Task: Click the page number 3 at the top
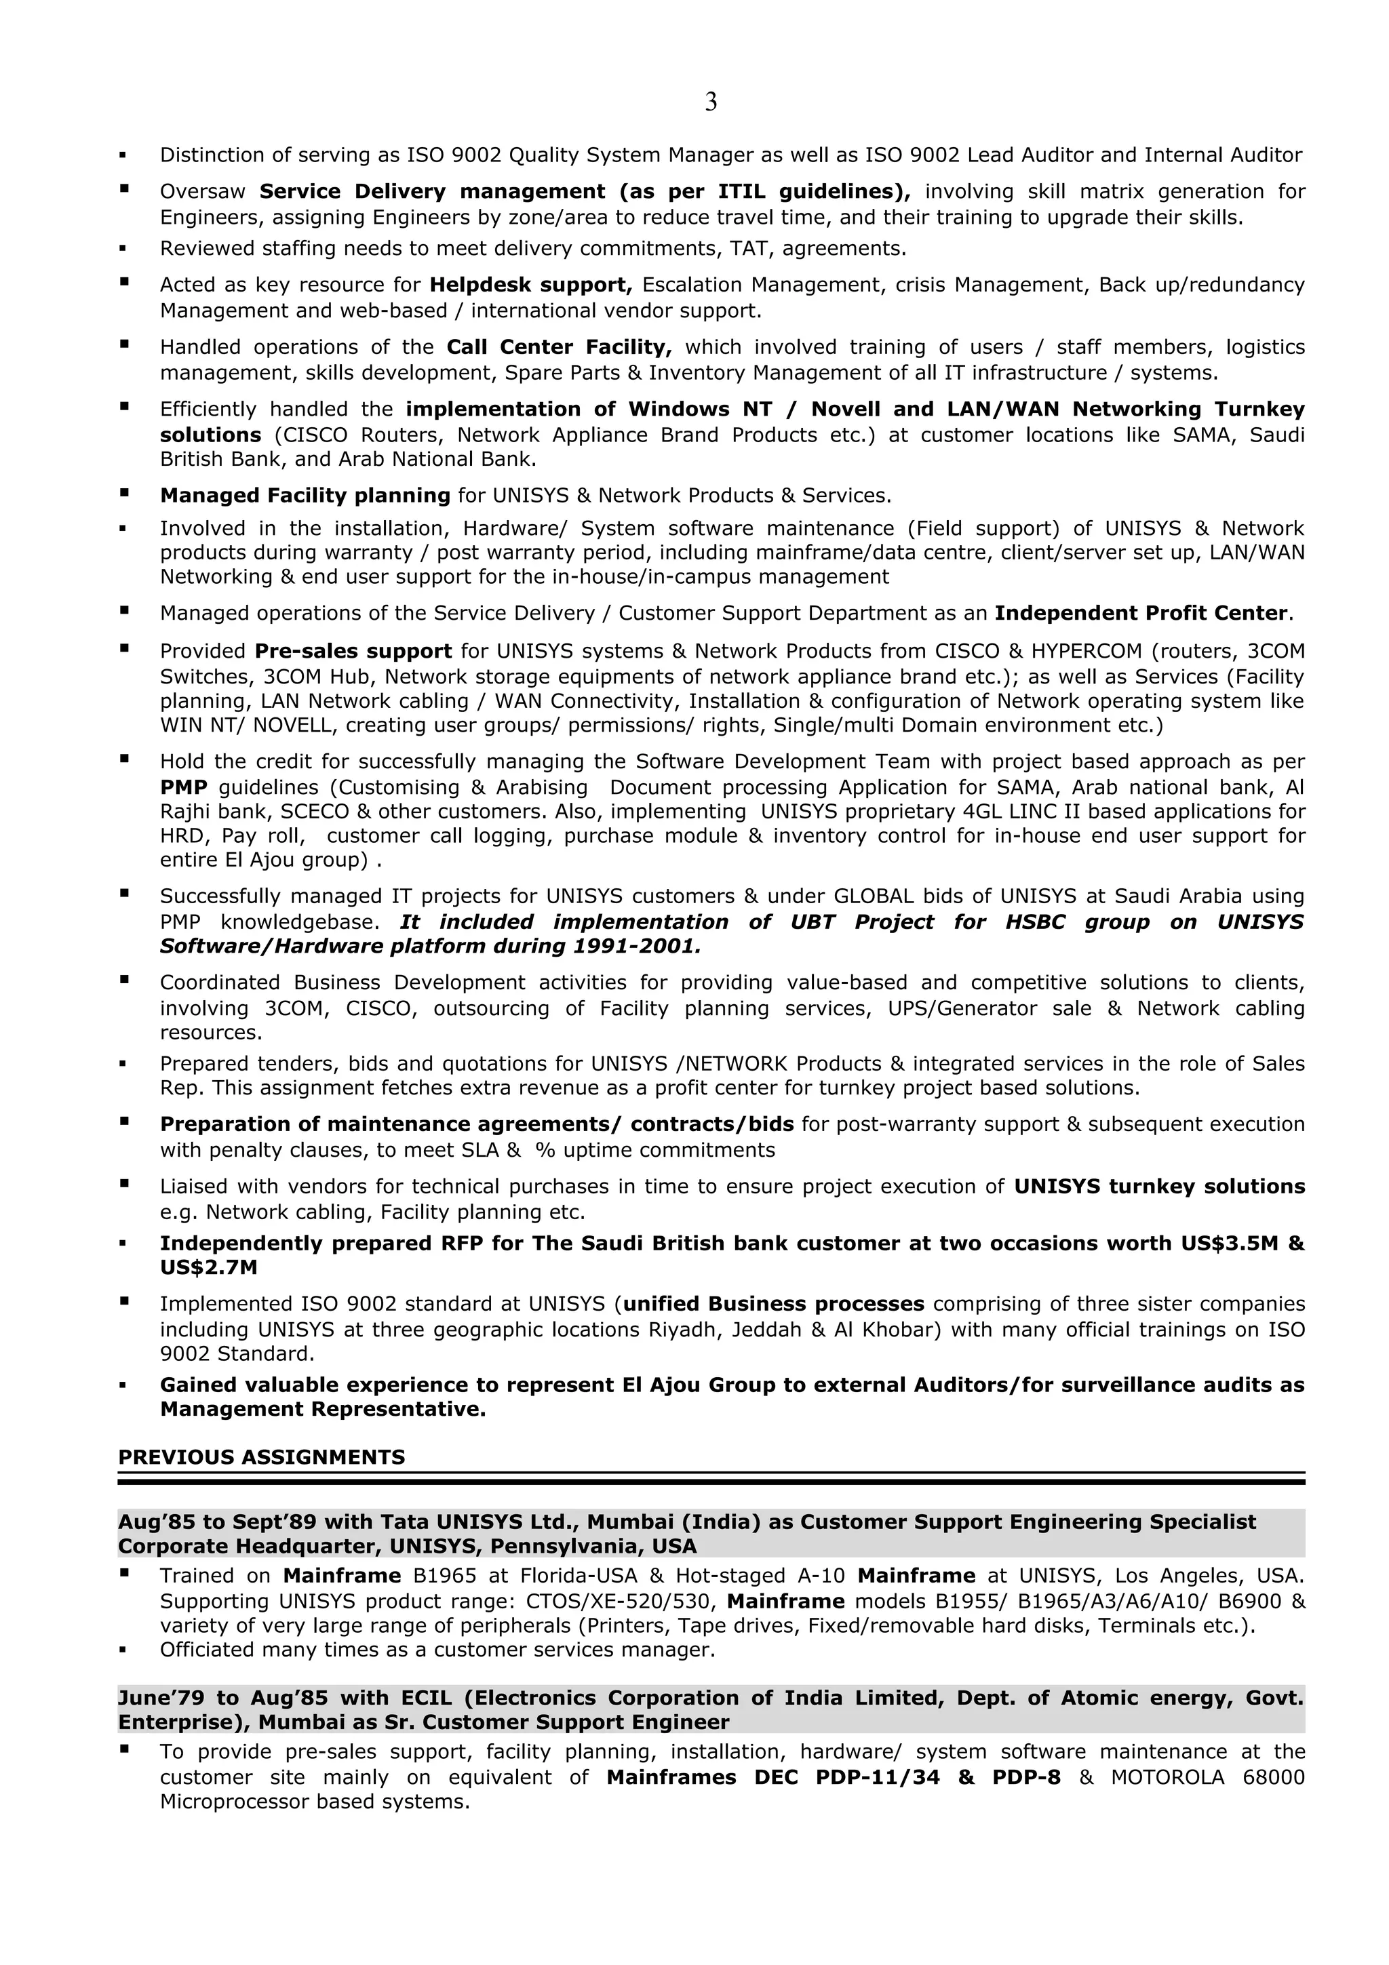[x=710, y=102]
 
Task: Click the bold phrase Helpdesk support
[x=530, y=284]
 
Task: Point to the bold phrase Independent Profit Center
[x=1141, y=613]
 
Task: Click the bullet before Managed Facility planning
[x=124, y=493]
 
